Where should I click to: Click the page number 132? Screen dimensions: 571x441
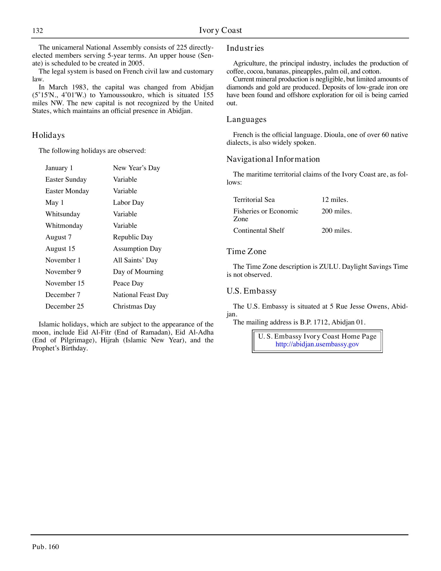click(x=37, y=31)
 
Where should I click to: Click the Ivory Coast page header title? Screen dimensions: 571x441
click(x=220, y=30)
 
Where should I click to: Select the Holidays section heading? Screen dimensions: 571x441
click(x=48, y=135)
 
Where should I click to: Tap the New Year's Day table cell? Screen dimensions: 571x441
click(x=136, y=168)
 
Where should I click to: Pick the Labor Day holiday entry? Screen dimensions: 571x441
click(x=128, y=203)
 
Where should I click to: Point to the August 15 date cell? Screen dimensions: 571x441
click(x=60, y=249)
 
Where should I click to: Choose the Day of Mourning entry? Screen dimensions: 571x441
click(x=138, y=272)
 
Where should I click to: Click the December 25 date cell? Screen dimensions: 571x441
click(x=65, y=307)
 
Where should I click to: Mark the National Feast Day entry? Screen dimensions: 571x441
click(x=141, y=295)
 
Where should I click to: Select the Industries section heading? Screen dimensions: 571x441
click(x=245, y=48)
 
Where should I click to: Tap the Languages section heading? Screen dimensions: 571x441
click(x=246, y=119)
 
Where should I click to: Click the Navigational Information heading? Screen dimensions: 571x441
click(x=273, y=159)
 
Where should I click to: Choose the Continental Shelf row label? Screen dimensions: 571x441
click(x=259, y=231)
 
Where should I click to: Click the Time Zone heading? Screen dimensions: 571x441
click(x=246, y=251)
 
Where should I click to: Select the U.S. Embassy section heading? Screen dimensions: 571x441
click(x=251, y=291)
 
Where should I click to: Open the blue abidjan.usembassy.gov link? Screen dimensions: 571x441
click(x=317, y=344)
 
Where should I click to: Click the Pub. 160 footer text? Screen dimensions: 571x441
click(x=46, y=547)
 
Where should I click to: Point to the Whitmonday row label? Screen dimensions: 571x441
click(x=64, y=226)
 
